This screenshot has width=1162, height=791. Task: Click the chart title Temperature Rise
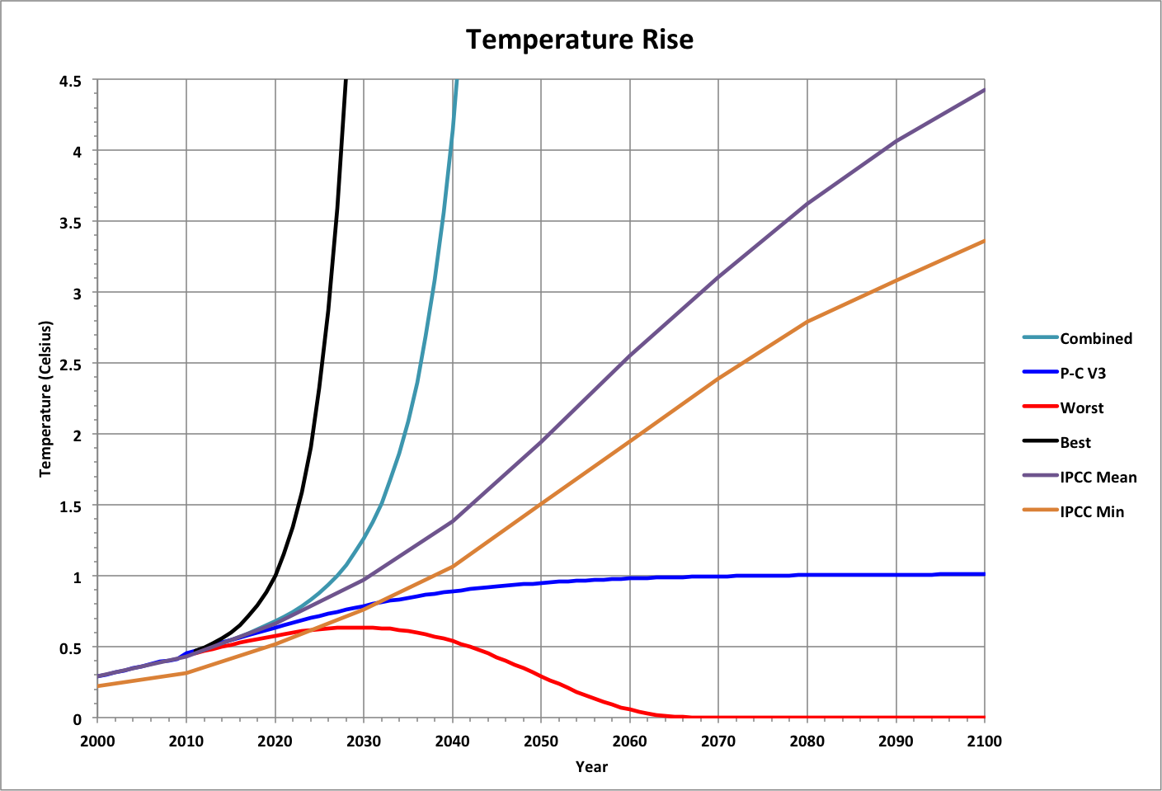pos(580,40)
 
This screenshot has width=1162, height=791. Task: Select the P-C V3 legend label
pos(1083,373)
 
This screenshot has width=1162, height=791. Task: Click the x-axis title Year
pos(591,766)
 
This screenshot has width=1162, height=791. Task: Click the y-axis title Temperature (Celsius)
pos(45,399)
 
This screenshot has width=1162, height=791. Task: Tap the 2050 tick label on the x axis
pos(541,741)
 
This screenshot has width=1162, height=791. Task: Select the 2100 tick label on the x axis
pos(984,741)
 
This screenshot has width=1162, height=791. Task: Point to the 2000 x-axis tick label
pos(98,741)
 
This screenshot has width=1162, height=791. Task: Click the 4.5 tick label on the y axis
pos(71,81)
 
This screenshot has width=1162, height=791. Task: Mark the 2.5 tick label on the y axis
pos(71,364)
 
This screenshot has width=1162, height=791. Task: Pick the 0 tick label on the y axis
pos(78,718)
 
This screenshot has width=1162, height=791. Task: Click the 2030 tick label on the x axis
pos(364,741)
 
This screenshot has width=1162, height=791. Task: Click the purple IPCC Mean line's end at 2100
pos(984,90)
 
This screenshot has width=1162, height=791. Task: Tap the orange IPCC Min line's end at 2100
pos(984,241)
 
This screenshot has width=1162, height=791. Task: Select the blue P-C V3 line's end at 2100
pos(984,574)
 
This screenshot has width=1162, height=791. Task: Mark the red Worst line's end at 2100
pos(984,717)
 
